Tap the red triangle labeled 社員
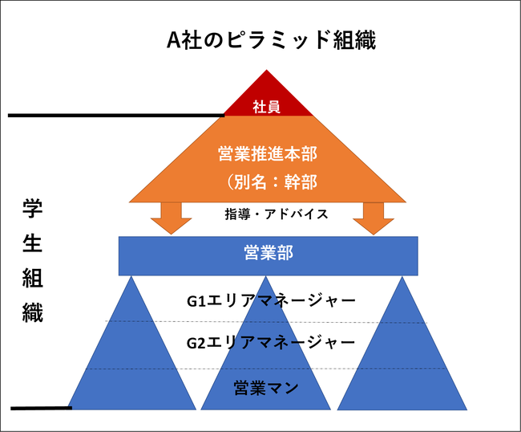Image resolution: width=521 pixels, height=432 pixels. (266, 100)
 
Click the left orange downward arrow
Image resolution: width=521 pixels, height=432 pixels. (169, 217)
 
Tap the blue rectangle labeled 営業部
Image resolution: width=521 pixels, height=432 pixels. (268, 255)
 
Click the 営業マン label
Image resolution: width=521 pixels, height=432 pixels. (266, 389)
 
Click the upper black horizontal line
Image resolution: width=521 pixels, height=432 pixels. (112, 116)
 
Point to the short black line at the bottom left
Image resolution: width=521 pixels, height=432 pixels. (41, 408)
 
